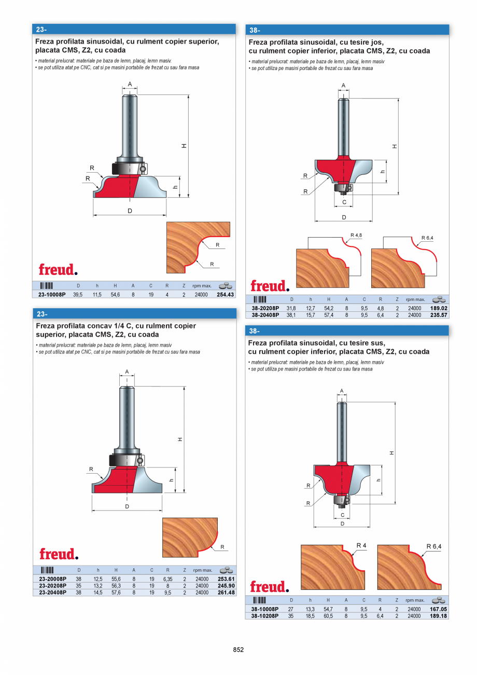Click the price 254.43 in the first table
[x=226, y=294]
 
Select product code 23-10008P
[x=52, y=294]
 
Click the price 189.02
[x=439, y=308]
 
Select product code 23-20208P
[x=52, y=586]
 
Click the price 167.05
[x=438, y=609]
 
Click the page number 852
[x=238, y=650]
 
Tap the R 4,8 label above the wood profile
[x=356, y=235]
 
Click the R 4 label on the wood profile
[x=361, y=545]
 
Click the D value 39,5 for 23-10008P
[x=78, y=294]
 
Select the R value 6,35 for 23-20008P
[x=167, y=579]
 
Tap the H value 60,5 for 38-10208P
[x=328, y=616]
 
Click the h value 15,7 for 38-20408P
[x=310, y=314]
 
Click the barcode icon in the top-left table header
[x=46, y=285]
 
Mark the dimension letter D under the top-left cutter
[x=130, y=210]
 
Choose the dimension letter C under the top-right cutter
[x=344, y=202]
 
